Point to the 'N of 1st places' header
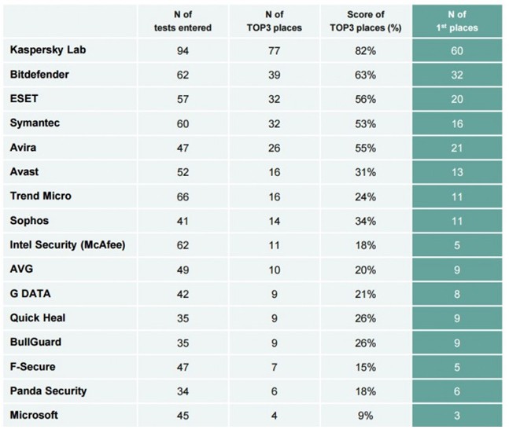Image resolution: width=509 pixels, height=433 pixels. point(456,21)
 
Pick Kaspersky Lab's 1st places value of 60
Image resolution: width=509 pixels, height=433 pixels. point(456,51)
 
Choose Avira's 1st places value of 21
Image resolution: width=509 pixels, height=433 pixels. point(456,149)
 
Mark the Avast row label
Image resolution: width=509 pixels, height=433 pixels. point(24,172)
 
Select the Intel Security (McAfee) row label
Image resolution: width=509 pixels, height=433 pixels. point(68,244)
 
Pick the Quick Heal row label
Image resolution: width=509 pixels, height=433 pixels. point(37,317)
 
